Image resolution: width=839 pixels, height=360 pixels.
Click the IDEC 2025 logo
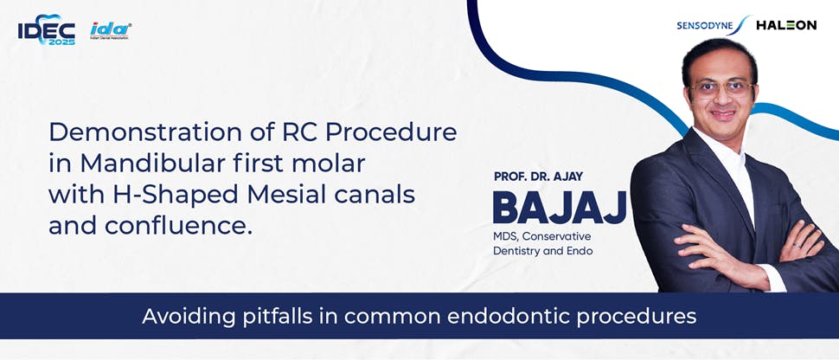point(46,32)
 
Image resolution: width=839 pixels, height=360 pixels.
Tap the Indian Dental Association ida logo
point(111,31)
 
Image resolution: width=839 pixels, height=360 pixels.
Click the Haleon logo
point(785,25)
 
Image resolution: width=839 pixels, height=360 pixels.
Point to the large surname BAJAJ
point(559,209)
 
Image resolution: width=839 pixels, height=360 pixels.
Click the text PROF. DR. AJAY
point(538,177)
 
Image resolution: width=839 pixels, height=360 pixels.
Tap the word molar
point(331,164)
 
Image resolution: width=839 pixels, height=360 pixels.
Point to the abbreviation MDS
point(509,236)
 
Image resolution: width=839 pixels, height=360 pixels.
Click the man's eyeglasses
point(720,87)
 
